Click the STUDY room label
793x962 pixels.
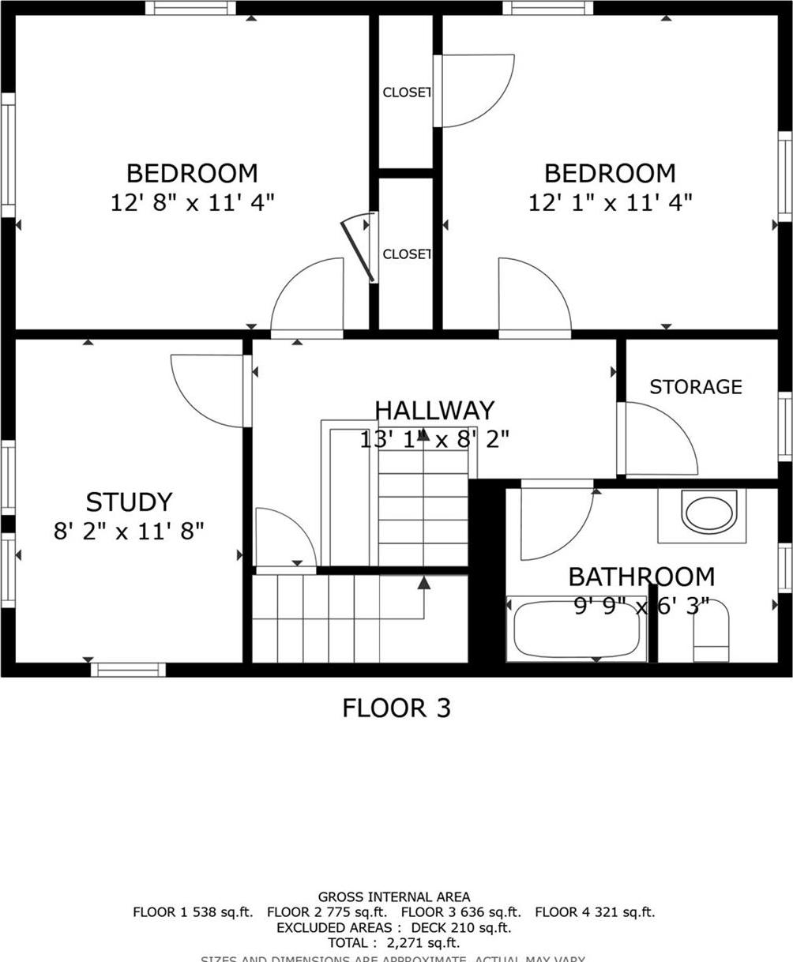129,502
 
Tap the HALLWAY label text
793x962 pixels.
434,411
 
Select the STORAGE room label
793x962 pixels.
695,387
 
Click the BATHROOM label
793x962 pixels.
641,577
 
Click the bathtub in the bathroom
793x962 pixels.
577,629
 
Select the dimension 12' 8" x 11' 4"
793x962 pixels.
192,202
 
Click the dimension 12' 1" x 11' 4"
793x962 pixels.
610,202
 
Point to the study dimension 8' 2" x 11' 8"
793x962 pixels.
129,531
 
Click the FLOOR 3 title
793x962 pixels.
396,708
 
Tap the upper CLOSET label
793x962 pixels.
406,92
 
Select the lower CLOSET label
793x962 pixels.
406,254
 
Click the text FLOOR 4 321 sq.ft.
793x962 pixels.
595,912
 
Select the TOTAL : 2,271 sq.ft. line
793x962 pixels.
393,943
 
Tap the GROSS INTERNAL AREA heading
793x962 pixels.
393,897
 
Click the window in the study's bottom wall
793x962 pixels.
128,670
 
